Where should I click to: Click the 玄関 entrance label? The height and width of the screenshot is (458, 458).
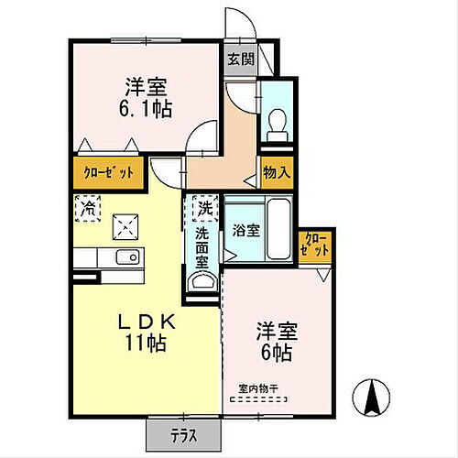pyautogui.click(x=241, y=61)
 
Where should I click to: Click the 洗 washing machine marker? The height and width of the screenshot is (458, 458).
pyautogui.click(x=204, y=209)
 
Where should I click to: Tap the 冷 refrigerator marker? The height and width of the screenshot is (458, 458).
pyautogui.click(x=88, y=209)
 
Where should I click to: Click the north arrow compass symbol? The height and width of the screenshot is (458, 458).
pyautogui.click(x=373, y=398)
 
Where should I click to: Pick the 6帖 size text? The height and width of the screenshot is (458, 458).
pyautogui.click(x=276, y=352)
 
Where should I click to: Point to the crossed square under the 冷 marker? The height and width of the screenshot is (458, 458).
pyautogui.click(x=123, y=226)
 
